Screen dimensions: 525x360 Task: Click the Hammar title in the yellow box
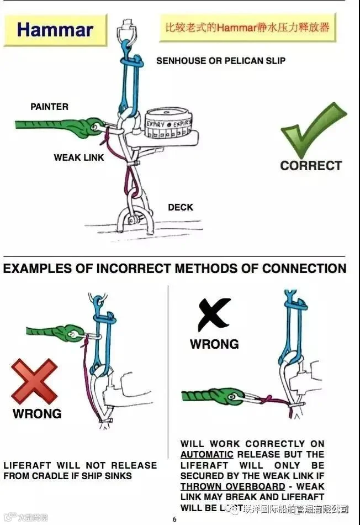pyautogui.click(x=55, y=29)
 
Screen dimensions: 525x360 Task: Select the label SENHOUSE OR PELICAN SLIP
pyautogui.click(x=221, y=60)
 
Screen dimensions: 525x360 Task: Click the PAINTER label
pyautogui.click(x=50, y=107)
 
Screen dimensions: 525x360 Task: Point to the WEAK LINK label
pyautogui.click(x=79, y=158)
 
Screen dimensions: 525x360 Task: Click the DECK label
pyautogui.click(x=181, y=207)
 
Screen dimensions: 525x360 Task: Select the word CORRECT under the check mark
pyautogui.click(x=311, y=165)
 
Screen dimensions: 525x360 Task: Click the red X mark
pyautogui.click(x=34, y=382)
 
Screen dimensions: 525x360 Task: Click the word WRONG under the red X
pyautogui.click(x=37, y=413)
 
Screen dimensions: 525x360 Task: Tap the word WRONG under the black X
pyautogui.click(x=214, y=344)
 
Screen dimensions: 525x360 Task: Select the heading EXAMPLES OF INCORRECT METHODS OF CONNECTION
pyautogui.click(x=174, y=269)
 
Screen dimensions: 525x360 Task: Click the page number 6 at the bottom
pyautogui.click(x=174, y=519)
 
